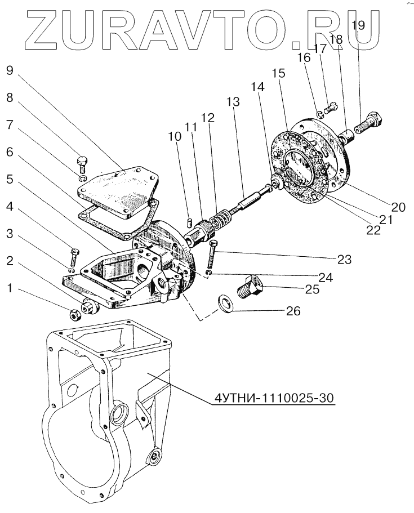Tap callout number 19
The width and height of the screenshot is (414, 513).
coord(358,25)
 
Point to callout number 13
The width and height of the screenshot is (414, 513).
coord(233,102)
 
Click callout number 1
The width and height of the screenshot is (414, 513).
coord(9,288)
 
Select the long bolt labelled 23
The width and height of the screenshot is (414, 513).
coord(212,253)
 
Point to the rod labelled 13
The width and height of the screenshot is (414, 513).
coord(246,197)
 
